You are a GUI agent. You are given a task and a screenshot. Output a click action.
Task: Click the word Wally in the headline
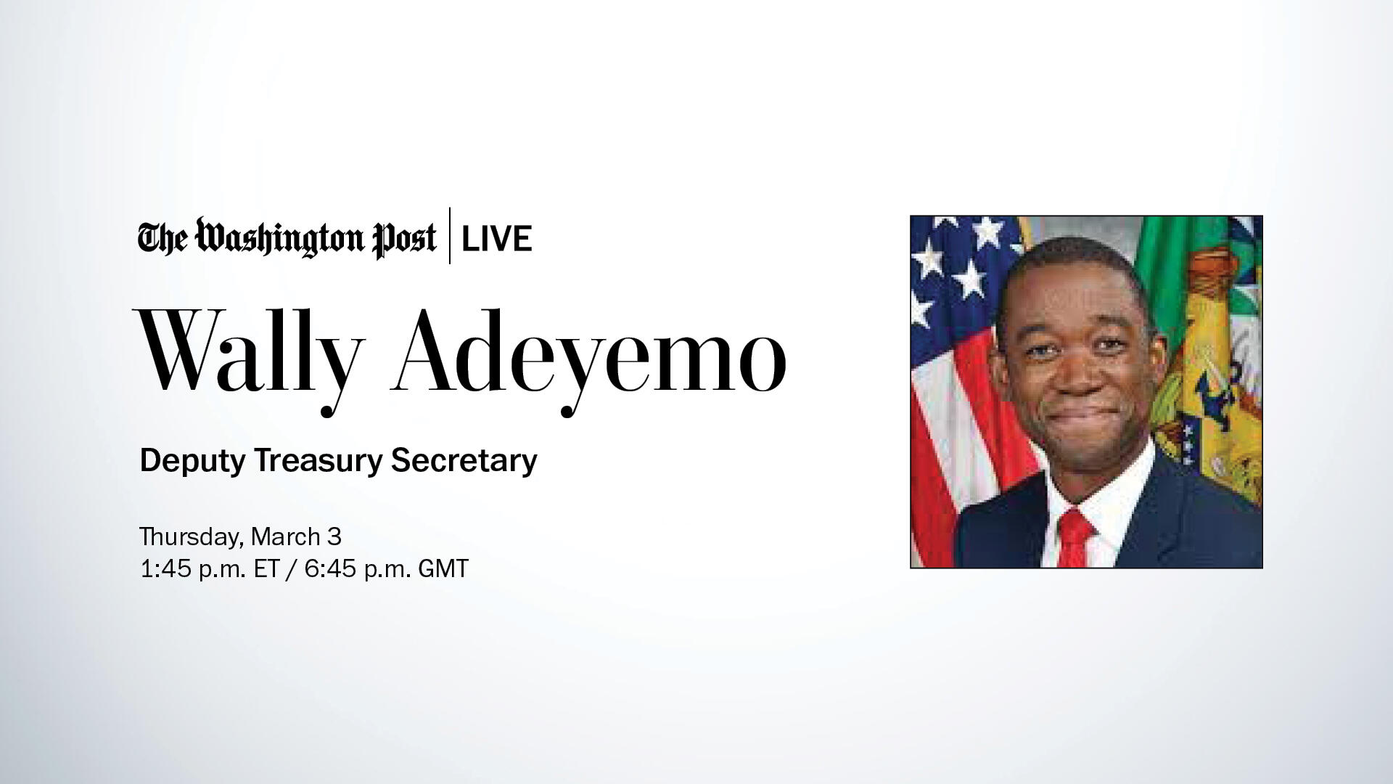click(x=247, y=352)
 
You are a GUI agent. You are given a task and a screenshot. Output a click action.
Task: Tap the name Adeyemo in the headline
click(x=588, y=352)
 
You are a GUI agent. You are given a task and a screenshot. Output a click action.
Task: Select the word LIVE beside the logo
click(x=497, y=238)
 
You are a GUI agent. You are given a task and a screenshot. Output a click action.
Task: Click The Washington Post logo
click(x=287, y=238)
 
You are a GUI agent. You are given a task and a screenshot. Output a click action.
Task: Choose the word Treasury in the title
click(x=316, y=461)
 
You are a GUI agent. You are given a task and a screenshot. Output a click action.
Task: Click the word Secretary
click(x=464, y=461)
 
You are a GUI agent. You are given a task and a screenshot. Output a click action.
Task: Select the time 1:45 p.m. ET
click(x=210, y=568)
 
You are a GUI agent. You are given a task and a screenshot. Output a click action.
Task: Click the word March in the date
click(x=285, y=537)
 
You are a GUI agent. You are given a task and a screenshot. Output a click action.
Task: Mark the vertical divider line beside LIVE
click(x=450, y=236)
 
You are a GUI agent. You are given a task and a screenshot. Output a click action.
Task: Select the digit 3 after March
click(x=334, y=537)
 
